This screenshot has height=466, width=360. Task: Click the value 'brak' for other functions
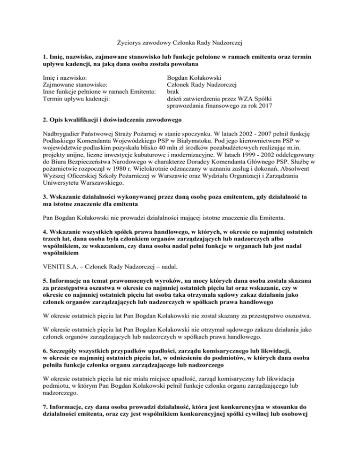[174, 92]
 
